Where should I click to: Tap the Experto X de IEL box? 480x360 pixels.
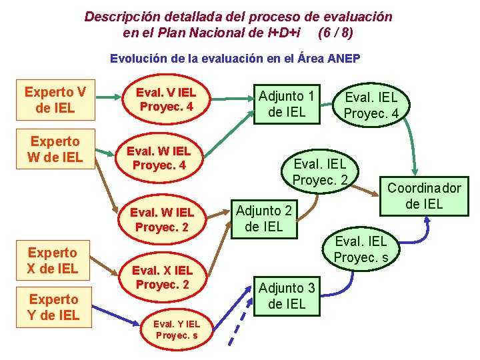(x=53, y=261)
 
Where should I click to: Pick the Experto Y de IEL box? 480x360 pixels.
(x=53, y=307)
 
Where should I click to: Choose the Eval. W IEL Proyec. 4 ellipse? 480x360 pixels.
(x=159, y=158)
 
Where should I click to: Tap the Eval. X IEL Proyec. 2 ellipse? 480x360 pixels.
(x=162, y=277)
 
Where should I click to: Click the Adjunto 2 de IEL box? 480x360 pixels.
(x=263, y=219)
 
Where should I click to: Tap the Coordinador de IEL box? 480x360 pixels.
(x=424, y=196)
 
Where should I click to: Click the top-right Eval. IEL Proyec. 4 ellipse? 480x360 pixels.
(x=371, y=105)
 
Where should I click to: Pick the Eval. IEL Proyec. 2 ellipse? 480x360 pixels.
(x=321, y=171)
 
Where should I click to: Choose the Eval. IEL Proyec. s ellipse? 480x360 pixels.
(x=360, y=249)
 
